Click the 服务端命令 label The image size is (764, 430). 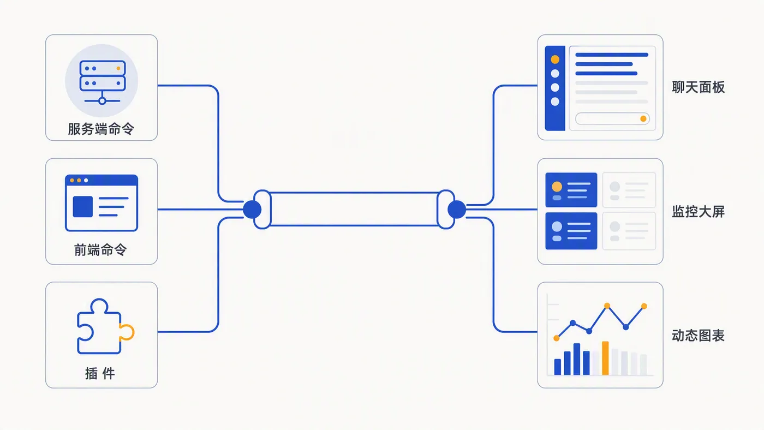[x=101, y=129]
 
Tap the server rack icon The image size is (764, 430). [x=103, y=82]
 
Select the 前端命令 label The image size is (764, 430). [x=100, y=250]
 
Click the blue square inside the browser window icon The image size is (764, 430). [x=83, y=206]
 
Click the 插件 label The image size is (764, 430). [x=100, y=373]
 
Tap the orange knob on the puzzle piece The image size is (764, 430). [x=128, y=332]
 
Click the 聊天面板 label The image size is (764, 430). [x=698, y=87]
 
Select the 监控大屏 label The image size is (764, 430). [x=698, y=211]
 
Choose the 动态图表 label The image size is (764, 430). [x=698, y=336]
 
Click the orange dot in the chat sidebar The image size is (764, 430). [x=555, y=59]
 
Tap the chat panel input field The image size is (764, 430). [x=612, y=118]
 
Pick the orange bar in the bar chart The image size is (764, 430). [x=605, y=358]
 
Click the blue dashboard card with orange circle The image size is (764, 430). [x=571, y=190]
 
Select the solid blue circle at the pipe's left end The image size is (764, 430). [x=252, y=210]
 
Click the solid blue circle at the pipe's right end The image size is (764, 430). [x=457, y=210]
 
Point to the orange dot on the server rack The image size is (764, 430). [x=118, y=69]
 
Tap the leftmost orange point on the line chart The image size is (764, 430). [x=556, y=338]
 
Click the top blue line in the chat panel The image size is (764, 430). [x=612, y=55]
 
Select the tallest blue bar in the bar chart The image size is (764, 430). [x=577, y=359]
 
